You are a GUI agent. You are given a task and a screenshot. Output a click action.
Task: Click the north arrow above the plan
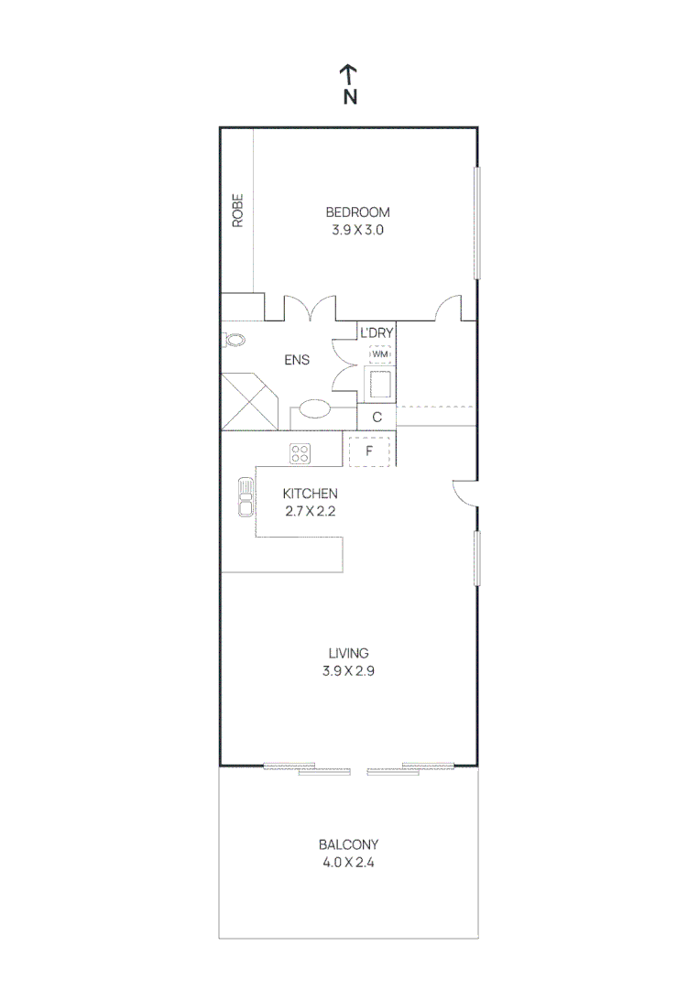(349, 74)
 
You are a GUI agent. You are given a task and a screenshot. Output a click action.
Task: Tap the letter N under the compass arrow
(349, 97)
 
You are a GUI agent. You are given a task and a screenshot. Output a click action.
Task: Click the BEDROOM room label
(357, 212)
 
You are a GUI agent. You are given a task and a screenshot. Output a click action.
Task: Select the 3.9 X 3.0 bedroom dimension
(357, 230)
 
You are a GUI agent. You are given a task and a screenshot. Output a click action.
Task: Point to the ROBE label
(237, 210)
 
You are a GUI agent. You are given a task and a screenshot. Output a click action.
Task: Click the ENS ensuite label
(296, 360)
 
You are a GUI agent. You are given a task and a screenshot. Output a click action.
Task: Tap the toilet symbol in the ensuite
(234, 340)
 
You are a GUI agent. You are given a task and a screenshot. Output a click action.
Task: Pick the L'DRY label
(377, 332)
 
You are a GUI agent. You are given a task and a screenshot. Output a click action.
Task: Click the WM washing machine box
(379, 353)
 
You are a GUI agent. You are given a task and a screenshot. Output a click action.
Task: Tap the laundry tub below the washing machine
(380, 384)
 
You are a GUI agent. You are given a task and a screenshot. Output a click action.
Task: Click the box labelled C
(377, 418)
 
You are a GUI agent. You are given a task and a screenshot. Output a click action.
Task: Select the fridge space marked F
(370, 451)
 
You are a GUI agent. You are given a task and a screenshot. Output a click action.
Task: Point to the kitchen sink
(246, 498)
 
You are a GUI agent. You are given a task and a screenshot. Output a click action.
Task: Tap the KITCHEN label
(310, 494)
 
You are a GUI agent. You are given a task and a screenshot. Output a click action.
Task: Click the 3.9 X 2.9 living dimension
(349, 670)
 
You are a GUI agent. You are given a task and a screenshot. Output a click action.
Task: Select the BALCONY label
(348, 844)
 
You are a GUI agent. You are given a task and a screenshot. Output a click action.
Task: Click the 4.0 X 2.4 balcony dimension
(348, 862)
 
